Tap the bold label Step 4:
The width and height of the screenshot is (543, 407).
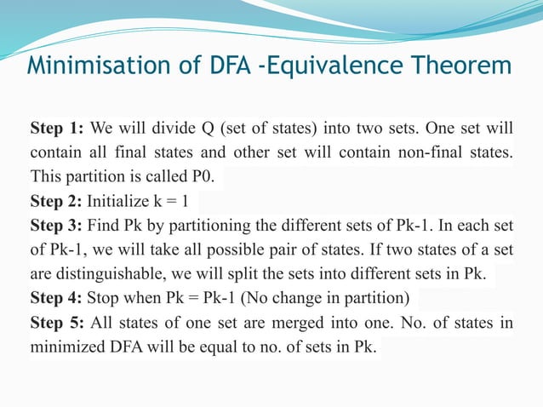(56, 300)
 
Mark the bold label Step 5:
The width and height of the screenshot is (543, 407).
(56, 324)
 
